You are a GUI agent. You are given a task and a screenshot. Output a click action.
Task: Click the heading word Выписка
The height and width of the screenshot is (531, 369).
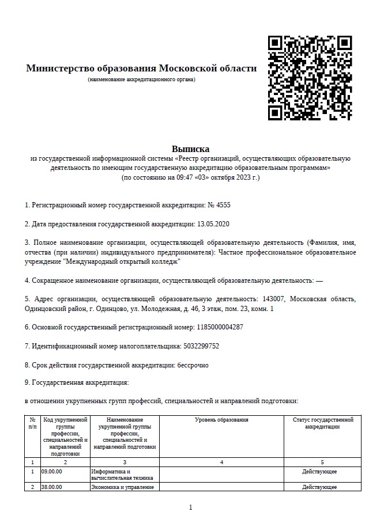click(x=190, y=149)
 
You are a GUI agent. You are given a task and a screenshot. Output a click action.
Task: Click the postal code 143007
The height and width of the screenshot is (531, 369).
click(x=273, y=299)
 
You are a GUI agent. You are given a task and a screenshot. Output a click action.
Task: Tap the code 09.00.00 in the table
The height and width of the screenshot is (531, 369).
click(x=52, y=471)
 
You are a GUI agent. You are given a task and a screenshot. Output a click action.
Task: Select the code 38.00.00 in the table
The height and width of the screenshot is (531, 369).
click(x=52, y=487)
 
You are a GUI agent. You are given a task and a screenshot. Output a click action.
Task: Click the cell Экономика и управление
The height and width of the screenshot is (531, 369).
click(x=123, y=487)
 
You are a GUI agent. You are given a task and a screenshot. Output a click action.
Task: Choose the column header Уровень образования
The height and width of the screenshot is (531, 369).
click(x=221, y=420)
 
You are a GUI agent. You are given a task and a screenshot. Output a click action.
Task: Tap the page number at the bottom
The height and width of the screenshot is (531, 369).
click(x=190, y=507)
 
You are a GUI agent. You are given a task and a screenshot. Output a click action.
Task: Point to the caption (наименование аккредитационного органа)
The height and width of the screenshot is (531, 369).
click(x=141, y=79)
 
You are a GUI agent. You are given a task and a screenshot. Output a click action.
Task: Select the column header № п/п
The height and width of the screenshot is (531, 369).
click(x=32, y=423)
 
